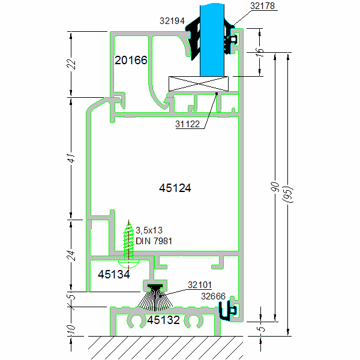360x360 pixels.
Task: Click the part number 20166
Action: [x=131, y=61]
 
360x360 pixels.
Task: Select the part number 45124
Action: [x=175, y=188]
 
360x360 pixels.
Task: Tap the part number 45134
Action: [x=113, y=275]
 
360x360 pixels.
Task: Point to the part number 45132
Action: [x=163, y=320]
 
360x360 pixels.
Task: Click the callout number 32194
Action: [x=172, y=20]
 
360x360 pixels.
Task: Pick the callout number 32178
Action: [x=262, y=6]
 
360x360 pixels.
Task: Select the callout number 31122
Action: [x=188, y=124]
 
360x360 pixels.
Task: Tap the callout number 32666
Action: [x=214, y=295]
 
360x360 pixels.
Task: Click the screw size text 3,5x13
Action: [x=149, y=230]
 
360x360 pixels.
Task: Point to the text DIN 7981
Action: [x=152, y=241]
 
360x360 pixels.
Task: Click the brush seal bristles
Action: [x=155, y=301]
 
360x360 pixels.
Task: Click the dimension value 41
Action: [x=70, y=158]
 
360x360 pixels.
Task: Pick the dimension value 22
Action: [x=70, y=64]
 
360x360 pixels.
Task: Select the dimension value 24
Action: [x=70, y=256]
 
